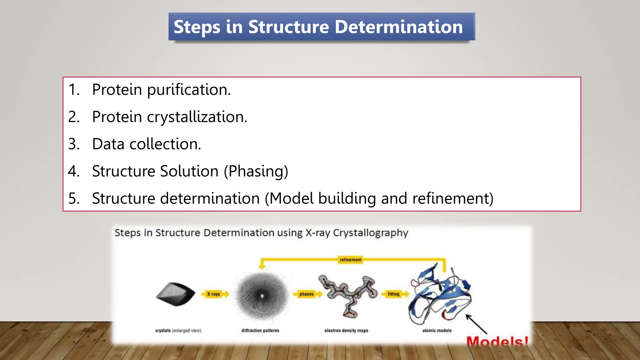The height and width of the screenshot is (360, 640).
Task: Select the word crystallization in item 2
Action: [x=197, y=117]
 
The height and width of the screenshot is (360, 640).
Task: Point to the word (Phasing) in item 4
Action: [x=256, y=172]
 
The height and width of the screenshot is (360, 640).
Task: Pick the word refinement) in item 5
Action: [x=453, y=199]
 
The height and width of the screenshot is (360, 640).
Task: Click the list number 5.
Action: [x=73, y=199]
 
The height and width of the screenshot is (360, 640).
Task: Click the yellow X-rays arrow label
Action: [x=214, y=294]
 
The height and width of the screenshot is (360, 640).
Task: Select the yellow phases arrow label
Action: [x=306, y=294]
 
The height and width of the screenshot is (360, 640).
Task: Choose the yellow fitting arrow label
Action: [x=393, y=294]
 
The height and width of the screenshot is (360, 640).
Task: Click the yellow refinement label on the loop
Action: [x=350, y=260]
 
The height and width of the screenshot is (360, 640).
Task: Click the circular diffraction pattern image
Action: [x=262, y=296]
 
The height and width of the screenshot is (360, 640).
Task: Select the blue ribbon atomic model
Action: [x=439, y=295]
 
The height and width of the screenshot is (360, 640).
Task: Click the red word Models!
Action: [x=497, y=342]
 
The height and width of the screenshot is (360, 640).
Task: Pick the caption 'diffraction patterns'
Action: [x=260, y=330]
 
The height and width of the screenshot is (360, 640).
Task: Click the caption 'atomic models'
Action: [x=437, y=330]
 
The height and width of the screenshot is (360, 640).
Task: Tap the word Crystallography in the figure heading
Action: [x=370, y=233]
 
